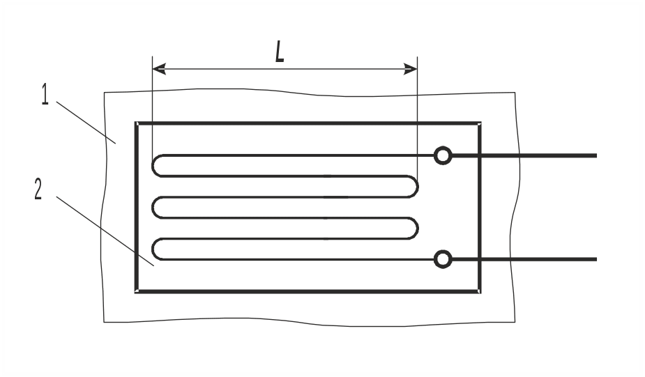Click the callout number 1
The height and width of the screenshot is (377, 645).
[x=45, y=94]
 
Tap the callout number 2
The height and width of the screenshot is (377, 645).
[x=39, y=188]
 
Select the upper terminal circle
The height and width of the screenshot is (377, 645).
[x=442, y=155]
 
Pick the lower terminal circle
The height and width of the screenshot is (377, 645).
[x=442, y=260]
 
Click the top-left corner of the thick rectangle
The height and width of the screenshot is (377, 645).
[x=136, y=123]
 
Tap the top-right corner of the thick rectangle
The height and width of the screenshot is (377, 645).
[x=480, y=123]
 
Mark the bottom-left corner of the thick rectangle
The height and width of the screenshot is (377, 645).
[x=136, y=291]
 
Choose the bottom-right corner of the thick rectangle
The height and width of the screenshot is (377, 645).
[x=480, y=291]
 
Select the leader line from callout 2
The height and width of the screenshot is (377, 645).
[x=105, y=230]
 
